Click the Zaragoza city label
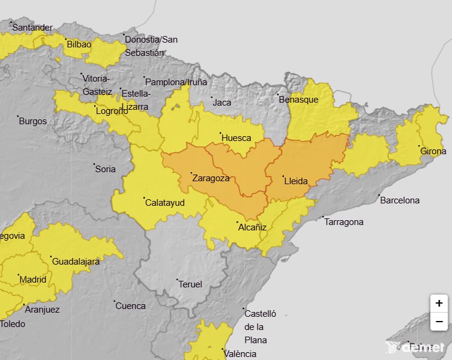pos(211,178)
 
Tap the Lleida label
pos(295,181)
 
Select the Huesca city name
pos(237,138)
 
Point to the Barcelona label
pos(400,200)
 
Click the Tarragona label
pos(344,222)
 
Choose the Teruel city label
pos(191,284)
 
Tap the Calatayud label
pos(165,203)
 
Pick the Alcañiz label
pos(252,227)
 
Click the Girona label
pos(433,151)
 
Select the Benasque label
pos(298,100)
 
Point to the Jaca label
pos(222,103)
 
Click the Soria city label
pos(106,169)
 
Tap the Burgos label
pos(33,121)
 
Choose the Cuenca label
pos(130,306)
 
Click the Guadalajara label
pos(76,262)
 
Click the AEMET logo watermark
pos(416,347)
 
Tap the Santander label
pos(32,28)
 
